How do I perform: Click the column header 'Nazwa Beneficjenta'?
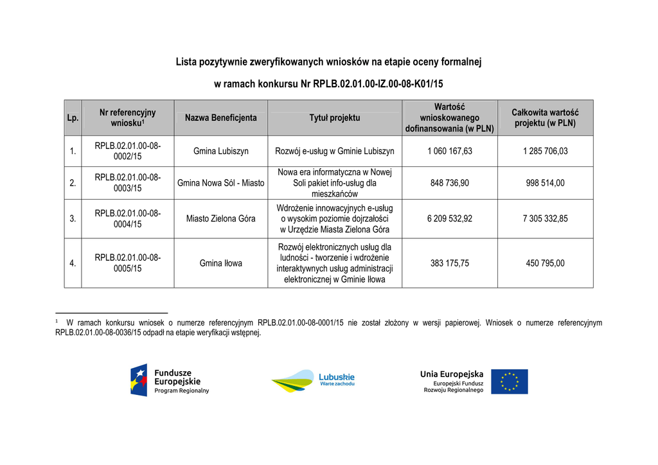(220, 118)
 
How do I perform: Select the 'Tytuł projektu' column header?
(334, 118)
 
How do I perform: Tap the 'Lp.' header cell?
(73, 118)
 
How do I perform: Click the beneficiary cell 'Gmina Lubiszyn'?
(220, 152)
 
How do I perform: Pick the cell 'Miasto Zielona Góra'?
(220, 218)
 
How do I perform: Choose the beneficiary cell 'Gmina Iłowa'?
(220, 263)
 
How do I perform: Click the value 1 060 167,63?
(449, 152)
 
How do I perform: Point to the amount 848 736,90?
(449, 183)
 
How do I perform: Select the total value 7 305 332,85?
(545, 218)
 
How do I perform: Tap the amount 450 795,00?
(545, 263)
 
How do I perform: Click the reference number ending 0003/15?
(127, 183)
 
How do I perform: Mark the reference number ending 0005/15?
(127, 263)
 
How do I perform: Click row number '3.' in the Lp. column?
(73, 218)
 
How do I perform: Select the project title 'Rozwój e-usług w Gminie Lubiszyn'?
(334, 152)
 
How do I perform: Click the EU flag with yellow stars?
(510, 382)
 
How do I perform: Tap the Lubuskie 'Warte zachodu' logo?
(313, 382)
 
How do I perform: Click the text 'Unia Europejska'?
(451, 374)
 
